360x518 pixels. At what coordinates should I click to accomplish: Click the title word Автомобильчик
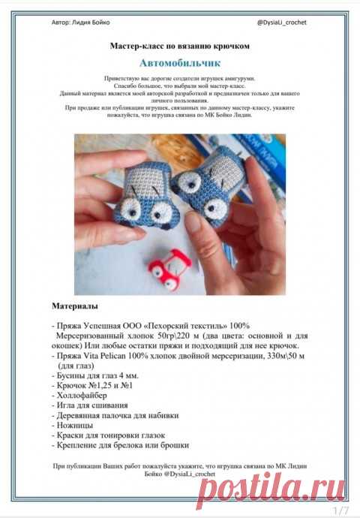[180, 63]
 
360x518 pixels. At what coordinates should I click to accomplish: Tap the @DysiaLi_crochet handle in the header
[282, 23]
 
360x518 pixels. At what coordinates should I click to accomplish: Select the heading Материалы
[75, 306]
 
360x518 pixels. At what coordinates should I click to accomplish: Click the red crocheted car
[169, 269]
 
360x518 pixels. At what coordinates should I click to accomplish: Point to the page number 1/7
[340, 510]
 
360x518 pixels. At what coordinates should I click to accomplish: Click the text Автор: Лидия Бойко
[80, 23]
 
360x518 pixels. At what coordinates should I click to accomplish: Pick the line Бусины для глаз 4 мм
[95, 375]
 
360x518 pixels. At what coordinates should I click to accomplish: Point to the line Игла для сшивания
[90, 405]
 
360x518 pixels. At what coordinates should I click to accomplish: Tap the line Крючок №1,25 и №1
[92, 386]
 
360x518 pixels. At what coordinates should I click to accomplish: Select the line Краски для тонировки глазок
[108, 435]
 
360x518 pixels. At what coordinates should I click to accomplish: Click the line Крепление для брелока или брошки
[121, 445]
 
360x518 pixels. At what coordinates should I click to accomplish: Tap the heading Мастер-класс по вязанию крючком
[180, 46]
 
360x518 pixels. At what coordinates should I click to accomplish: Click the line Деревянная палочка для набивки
[115, 415]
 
